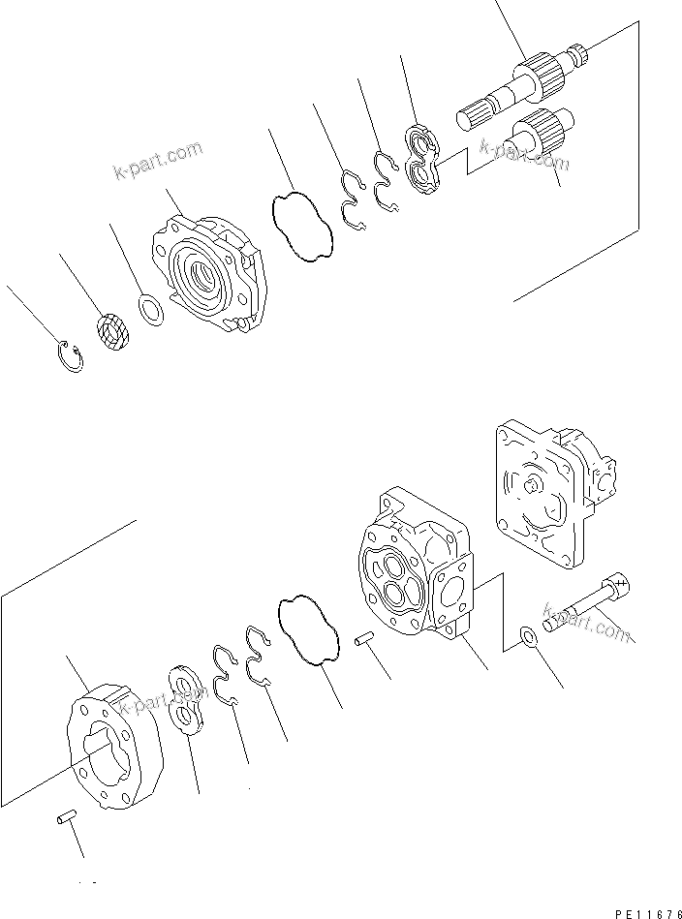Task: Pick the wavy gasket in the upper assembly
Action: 301,226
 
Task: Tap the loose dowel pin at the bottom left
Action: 65,820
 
